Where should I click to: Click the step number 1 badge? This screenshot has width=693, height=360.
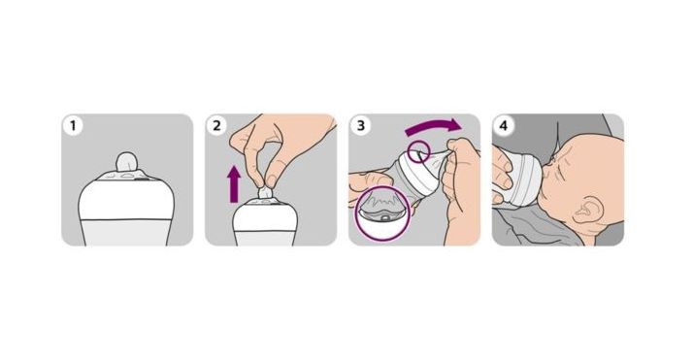[73, 126]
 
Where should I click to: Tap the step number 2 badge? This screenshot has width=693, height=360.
[216, 126]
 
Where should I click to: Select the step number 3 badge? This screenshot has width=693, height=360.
[361, 126]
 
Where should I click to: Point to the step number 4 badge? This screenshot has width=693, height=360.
[504, 126]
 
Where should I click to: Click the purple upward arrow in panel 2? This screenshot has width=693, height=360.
[234, 184]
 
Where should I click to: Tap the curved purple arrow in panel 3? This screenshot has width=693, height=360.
[433, 126]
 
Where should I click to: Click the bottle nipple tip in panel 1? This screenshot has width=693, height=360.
[126, 161]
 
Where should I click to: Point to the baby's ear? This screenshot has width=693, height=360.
[588, 213]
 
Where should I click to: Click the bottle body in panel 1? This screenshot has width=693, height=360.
[126, 213]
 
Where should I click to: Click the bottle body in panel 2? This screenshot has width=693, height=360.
[264, 224]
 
